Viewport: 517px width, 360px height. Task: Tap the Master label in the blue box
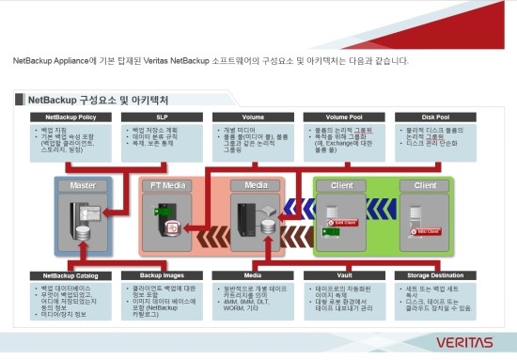(x=83, y=185)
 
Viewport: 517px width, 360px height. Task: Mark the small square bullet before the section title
(x=20, y=99)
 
